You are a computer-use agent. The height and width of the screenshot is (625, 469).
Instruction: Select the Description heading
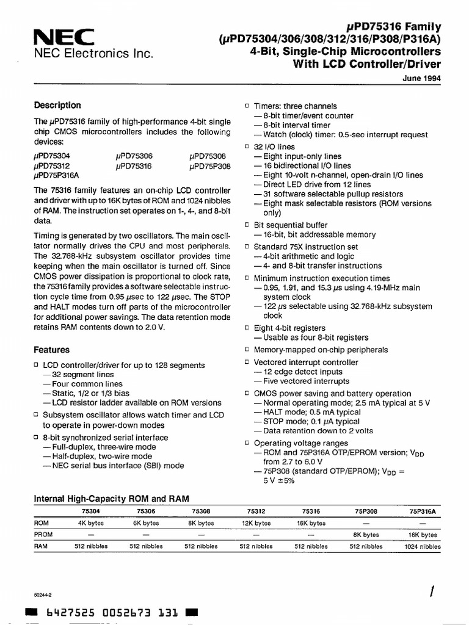point(57,105)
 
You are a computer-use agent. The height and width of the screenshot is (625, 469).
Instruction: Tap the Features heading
point(52,350)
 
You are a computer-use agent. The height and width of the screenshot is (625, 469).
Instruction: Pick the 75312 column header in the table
point(256,511)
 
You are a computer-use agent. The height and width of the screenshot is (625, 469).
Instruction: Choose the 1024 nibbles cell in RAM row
point(422,546)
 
